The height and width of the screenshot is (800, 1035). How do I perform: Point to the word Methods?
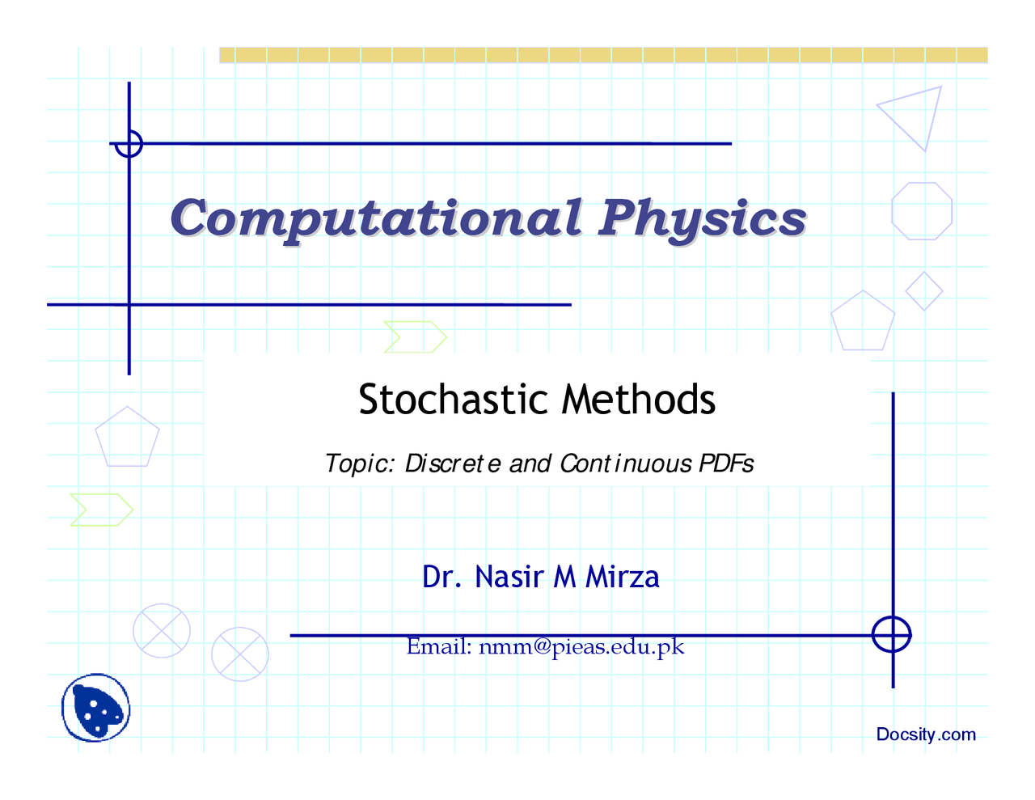click(x=638, y=400)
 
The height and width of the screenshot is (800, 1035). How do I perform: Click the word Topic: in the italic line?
click(x=360, y=463)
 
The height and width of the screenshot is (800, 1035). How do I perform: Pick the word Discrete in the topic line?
click(x=453, y=463)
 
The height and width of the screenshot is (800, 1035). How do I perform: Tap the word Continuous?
click(x=625, y=463)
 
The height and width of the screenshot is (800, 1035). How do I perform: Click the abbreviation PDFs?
click(x=726, y=463)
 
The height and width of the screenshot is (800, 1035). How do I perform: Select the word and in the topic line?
click(x=530, y=463)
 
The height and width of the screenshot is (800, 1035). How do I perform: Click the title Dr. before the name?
click(x=441, y=577)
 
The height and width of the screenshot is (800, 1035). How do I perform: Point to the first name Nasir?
click(x=509, y=577)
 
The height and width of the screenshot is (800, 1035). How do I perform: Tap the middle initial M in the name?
click(x=564, y=577)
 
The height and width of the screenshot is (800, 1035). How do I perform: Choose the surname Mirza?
click(x=622, y=577)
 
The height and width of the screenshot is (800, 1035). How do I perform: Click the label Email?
click(x=439, y=646)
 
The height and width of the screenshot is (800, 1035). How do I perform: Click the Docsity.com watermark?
click(x=926, y=734)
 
